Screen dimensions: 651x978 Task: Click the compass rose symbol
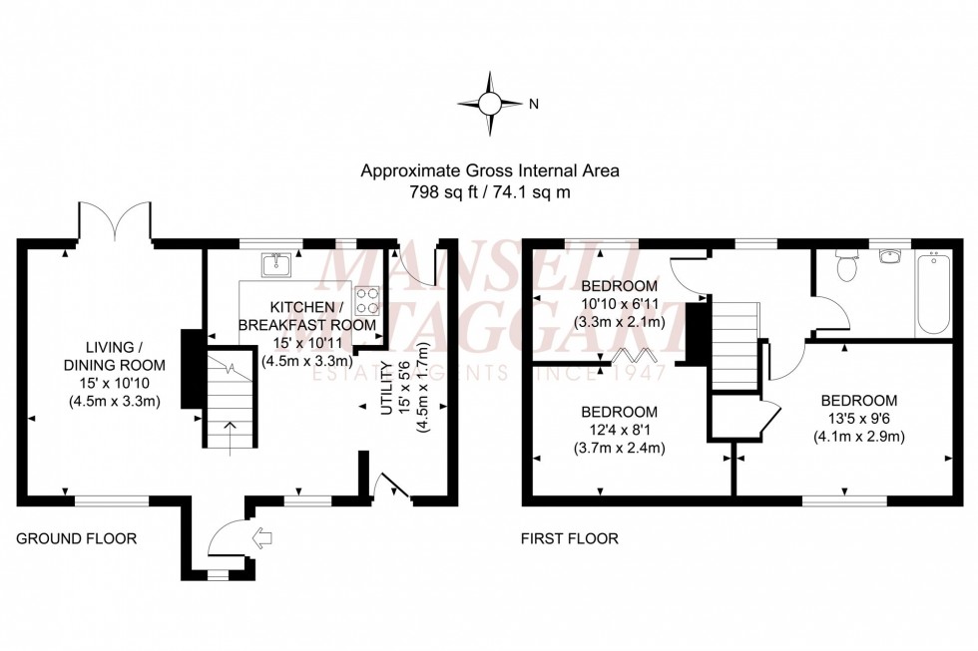pyautogui.click(x=490, y=103)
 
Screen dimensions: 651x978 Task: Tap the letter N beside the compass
pyautogui.click(x=533, y=104)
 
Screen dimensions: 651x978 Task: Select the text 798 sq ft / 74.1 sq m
pyautogui.click(x=489, y=191)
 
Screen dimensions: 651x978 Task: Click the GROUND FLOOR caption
pyautogui.click(x=76, y=539)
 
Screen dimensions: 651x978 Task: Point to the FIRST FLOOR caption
pyautogui.click(x=569, y=539)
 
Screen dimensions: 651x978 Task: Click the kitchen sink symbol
pyautogui.click(x=274, y=264)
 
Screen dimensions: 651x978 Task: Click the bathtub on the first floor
pyautogui.click(x=933, y=293)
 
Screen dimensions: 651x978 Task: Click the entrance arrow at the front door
pyautogui.click(x=263, y=539)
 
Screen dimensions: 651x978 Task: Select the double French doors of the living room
pyautogui.click(x=115, y=221)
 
